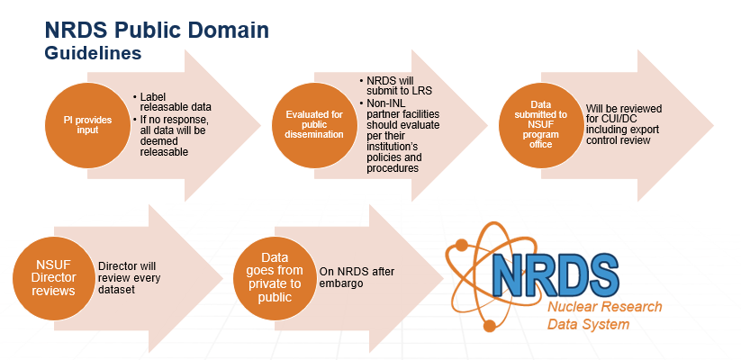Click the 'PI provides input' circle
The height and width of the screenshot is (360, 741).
87,125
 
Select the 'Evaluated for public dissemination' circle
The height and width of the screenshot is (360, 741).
314,125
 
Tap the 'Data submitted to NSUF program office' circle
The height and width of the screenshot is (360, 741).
541,125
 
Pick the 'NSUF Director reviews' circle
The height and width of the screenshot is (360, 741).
53,277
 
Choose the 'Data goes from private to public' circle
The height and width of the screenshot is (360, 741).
275,277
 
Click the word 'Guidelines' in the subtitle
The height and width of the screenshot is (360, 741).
93,53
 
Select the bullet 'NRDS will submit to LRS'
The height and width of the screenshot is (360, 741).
396,85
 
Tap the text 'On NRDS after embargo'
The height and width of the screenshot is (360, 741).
357,277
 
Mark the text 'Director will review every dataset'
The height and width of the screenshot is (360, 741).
130,277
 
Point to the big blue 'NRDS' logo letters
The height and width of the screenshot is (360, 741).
555,274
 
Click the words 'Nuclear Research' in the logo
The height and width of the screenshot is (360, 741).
605,307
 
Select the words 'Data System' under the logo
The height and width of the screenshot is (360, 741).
588,325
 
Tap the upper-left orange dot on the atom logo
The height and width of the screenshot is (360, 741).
461,245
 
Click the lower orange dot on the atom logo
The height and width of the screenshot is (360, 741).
490,326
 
